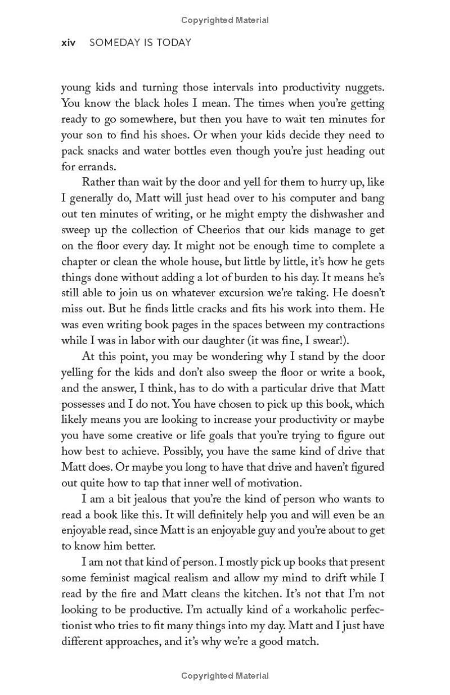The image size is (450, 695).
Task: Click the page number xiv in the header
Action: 68,43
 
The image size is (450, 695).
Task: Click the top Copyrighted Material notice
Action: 225,20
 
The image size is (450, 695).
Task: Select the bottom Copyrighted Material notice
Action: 225,676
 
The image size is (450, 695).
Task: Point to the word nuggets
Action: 364,88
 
